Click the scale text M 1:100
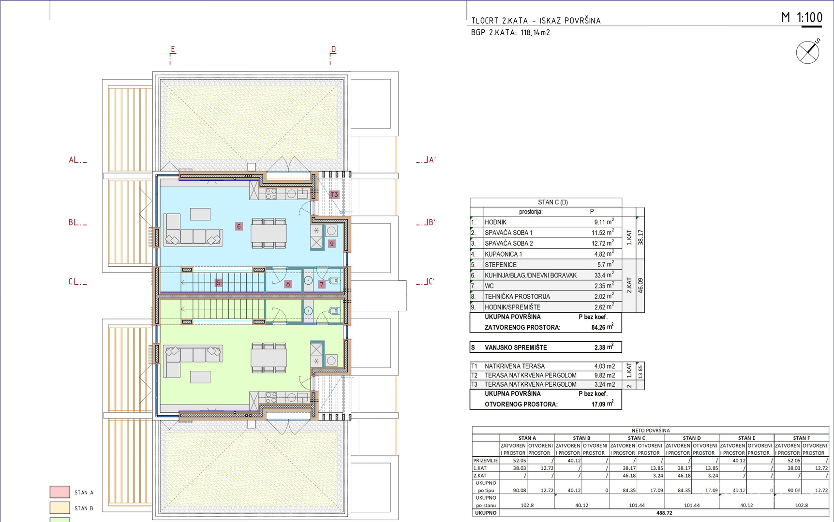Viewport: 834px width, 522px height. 802,18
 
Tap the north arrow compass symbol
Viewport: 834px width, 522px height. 807,52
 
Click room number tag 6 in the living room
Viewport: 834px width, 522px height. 238,226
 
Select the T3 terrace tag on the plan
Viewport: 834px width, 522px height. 334,195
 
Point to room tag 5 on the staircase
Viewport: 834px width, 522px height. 219,283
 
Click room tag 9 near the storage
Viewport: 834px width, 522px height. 331,244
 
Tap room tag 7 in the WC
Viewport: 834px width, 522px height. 322,284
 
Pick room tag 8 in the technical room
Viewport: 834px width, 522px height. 288,284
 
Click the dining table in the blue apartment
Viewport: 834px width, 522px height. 269,234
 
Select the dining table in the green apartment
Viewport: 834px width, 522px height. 269,358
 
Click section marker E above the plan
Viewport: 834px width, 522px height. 173,49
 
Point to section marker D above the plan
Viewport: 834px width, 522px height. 333,49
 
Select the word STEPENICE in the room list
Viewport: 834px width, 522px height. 501,265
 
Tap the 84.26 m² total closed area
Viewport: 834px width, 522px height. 602,327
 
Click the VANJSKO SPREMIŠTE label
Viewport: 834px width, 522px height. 516,348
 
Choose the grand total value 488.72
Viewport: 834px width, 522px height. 664,513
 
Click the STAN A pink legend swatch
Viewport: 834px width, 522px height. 60,492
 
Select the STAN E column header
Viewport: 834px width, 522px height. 746,438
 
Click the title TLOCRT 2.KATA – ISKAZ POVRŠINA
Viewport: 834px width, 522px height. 536,21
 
